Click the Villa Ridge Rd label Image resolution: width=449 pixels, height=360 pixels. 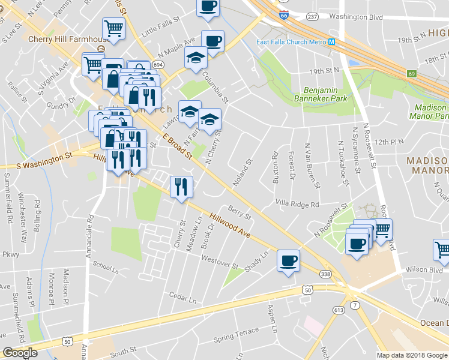297,204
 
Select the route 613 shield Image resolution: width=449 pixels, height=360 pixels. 337,310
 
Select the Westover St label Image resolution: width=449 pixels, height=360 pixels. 220,262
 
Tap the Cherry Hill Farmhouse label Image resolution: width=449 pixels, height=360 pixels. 63,39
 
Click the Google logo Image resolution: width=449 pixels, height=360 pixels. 20,352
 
